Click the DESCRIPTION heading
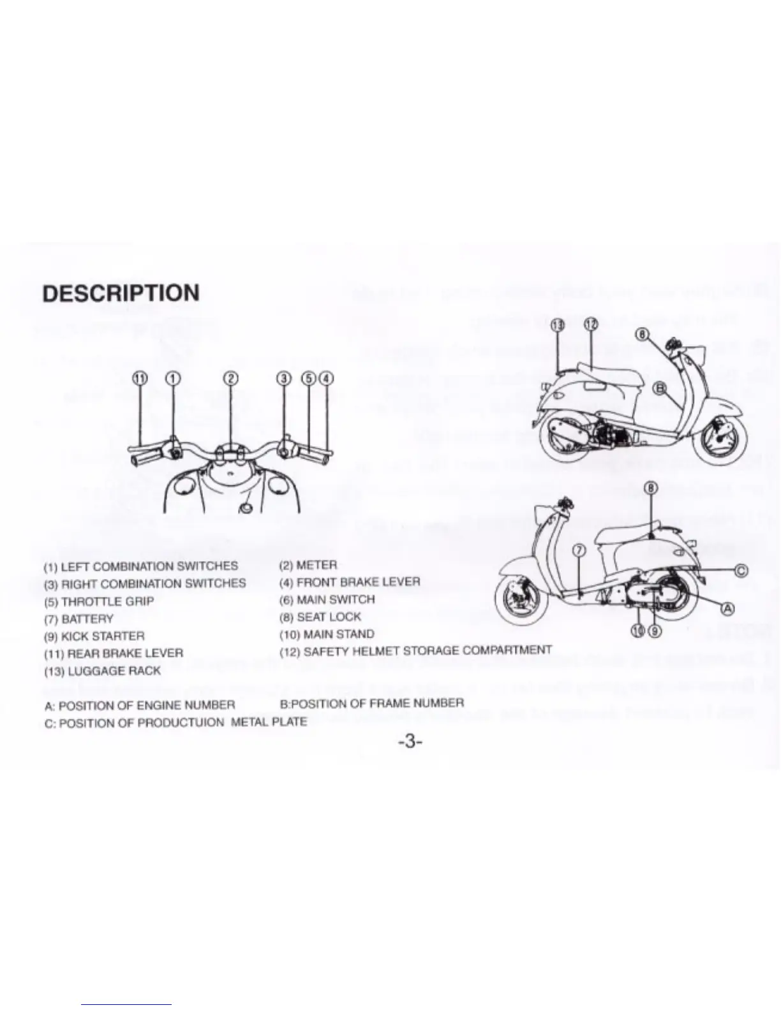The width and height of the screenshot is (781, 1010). (x=121, y=293)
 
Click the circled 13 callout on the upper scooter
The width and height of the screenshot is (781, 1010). (x=557, y=325)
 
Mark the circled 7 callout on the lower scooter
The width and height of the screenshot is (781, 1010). (x=579, y=550)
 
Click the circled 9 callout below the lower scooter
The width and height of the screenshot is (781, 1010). (x=655, y=631)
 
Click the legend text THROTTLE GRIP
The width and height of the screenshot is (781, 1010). (x=107, y=601)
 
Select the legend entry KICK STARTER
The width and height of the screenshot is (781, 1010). (x=102, y=636)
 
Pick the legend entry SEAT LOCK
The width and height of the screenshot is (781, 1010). (x=329, y=617)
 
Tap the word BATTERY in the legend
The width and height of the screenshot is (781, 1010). (x=87, y=619)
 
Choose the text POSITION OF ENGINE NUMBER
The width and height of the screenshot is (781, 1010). (x=147, y=705)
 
